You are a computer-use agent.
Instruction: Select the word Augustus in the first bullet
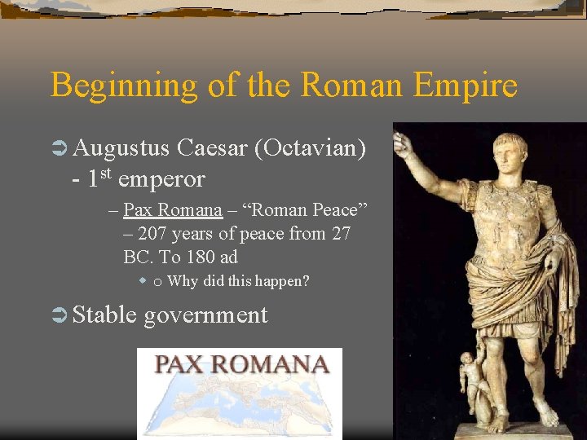point(121,148)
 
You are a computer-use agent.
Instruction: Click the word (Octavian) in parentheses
point(309,148)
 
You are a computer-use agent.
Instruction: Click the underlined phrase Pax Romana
point(172,210)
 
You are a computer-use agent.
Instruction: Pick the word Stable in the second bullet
point(104,315)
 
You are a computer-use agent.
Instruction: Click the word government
point(205,316)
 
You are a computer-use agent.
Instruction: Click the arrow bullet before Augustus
point(58,149)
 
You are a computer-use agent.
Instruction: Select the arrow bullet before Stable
point(58,315)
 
